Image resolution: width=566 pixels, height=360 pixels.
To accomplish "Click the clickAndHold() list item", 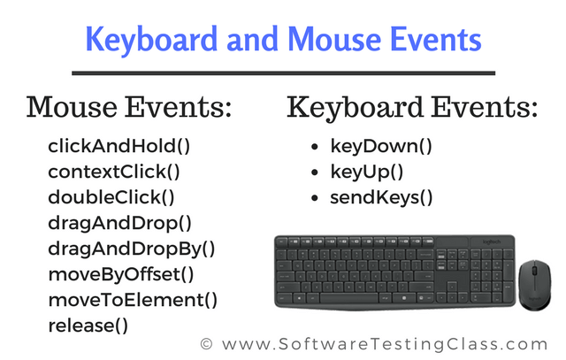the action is coord(119,146).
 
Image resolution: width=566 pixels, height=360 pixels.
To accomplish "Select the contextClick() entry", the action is coord(114,172).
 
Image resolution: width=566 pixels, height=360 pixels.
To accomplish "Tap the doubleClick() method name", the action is coord(111,197).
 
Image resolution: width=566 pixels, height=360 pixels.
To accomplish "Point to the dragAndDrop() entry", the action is coord(120,223).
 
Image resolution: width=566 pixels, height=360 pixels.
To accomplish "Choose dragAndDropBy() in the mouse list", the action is coord(132,249).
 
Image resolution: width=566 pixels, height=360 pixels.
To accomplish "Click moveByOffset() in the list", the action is coord(121,274).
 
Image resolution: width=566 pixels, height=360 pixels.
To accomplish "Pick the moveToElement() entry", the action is coord(133,300).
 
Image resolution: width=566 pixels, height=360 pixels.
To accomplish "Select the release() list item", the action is coord(88,326).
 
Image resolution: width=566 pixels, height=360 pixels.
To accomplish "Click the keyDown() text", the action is coord(381,146).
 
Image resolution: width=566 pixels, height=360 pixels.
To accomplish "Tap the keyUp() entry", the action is coord(367,172).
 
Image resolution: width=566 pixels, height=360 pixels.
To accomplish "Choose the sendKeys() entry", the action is coord(381,197).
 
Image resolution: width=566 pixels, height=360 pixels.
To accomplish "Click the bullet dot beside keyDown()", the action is coord(315,147).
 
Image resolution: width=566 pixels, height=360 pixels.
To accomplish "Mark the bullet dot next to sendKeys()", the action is coord(315,198).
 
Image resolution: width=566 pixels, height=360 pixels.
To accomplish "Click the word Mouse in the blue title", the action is coord(335,39).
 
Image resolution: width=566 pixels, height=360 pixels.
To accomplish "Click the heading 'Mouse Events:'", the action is coord(129,107).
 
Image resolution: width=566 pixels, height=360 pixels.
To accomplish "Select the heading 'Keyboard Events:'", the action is coord(413,108).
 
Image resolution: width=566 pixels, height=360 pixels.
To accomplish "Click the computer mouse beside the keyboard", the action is coord(535,285).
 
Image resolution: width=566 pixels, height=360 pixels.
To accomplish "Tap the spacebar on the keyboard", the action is coord(348,299).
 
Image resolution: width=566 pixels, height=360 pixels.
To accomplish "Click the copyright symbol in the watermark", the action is coord(206,344).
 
